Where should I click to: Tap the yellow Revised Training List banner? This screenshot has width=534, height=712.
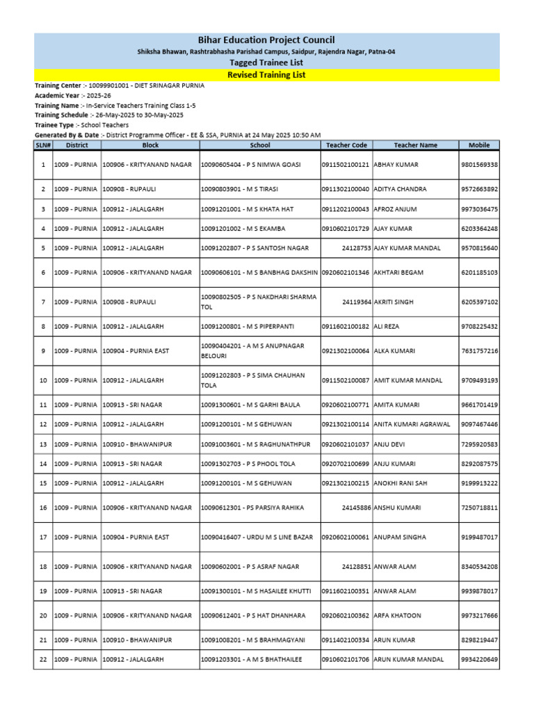tap(266, 74)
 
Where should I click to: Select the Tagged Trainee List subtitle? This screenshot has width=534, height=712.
tap(266, 63)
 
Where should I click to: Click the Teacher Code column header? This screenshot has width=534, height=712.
tap(346, 145)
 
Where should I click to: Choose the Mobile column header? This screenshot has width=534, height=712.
tap(478, 145)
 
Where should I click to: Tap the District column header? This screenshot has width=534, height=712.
tap(76, 145)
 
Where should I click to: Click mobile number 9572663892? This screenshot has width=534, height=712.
tap(478, 189)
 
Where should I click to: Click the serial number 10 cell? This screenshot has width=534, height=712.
tap(43, 380)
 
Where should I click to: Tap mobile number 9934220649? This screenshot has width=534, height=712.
tap(478, 659)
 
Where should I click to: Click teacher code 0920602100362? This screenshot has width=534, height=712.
tap(346, 615)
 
